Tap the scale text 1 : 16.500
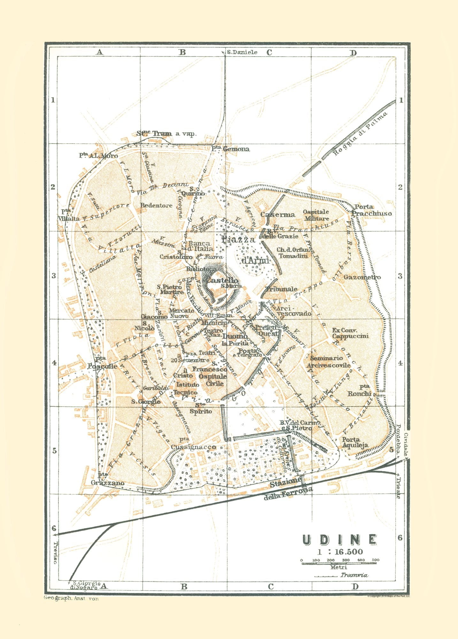pos(340,552)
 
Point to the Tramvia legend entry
pos(354,575)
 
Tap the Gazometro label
pos(362,277)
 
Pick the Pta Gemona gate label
pos(231,149)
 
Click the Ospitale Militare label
pos(316,215)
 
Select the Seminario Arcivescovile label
pos(329,362)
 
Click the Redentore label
pos(156,205)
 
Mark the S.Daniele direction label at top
pos(242,52)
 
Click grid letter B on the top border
pos(182,52)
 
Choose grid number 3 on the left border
pos(53,275)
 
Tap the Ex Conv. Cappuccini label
pos(350,333)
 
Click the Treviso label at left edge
pos(55,553)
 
